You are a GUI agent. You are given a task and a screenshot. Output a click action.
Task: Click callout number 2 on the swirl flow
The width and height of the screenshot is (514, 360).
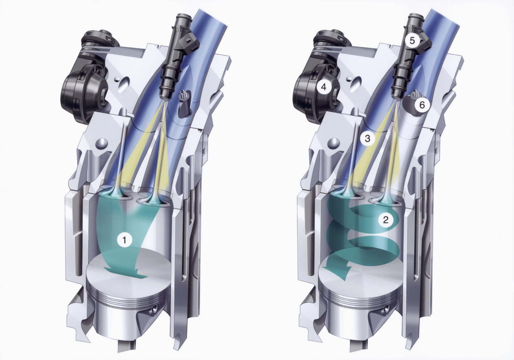(385, 220)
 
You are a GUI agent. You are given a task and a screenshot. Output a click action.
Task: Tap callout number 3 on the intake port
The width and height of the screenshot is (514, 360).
(367, 139)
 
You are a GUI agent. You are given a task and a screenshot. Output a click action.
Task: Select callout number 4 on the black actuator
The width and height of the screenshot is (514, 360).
(324, 87)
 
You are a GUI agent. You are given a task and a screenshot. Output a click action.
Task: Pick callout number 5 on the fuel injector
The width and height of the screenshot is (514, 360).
(412, 41)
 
